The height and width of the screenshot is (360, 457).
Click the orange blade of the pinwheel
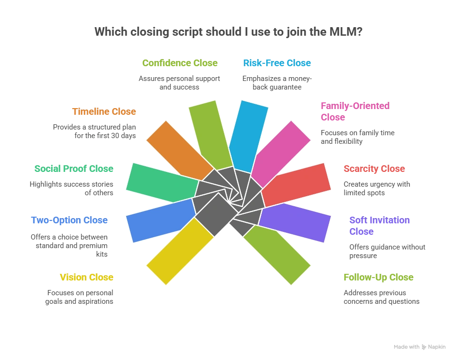pyautogui.click(x=179, y=150)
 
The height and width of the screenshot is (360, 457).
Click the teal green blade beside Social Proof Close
pyautogui.click(x=162, y=182)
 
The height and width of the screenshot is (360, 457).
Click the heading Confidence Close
pyautogui.click(x=180, y=63)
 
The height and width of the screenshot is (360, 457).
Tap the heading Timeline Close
pyautogui.click(x=104, y=111)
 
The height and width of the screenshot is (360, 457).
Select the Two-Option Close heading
pyautogui.click(x=70, y=220)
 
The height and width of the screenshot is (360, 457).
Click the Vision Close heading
pyautogui.click(x=87, y=277)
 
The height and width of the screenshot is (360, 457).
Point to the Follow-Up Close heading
pyautogui.click(x=378, y=277)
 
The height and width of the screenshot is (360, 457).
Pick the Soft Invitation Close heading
pyautogui.click(x=379, y=226)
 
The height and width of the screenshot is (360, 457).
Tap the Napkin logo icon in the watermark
pyautogui.click(x=424, y=347)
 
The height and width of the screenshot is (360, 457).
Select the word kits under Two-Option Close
pyautogui.click(x=102, y=254)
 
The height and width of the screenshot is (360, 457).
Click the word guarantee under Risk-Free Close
pyautogui.click(x=287, y=88)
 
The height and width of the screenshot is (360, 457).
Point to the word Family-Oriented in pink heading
pyautogui.click(x=355, y=106)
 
